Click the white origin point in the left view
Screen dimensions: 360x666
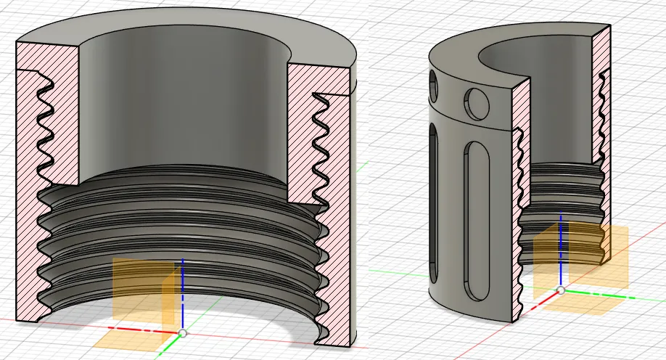point(182,333)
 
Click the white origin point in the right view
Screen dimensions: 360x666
point(560,290)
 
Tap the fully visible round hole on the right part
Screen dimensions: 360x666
point(478,103)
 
